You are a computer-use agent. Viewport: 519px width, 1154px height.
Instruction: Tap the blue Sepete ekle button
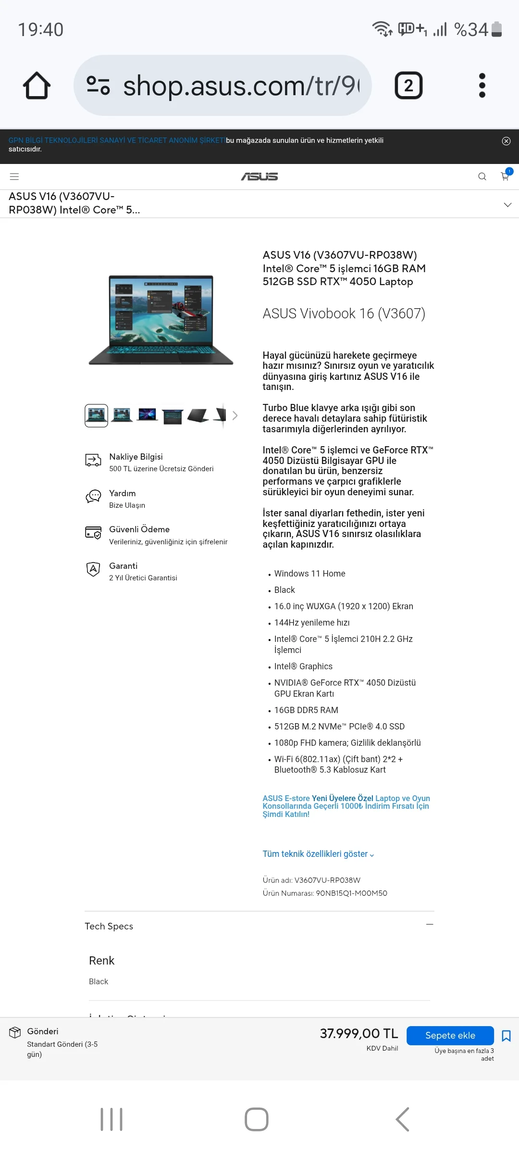click(450, 1035)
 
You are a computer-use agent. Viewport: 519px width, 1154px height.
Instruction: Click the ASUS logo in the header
click(259, 176)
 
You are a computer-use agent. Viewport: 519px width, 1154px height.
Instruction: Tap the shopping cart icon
click(505, 176)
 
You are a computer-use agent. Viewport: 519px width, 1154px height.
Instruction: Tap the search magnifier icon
click(482, 176)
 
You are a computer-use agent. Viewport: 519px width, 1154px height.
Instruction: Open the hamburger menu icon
click(14, 176)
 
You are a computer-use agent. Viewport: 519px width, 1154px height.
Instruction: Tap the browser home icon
click(37, 86)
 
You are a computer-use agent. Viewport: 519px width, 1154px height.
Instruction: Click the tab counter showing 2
click(408, 86)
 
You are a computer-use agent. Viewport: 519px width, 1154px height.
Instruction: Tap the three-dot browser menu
click(482, 86)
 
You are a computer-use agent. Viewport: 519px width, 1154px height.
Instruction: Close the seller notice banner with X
click(506, 141)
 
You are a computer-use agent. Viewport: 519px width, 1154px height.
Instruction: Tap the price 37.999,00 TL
click(359, 1033)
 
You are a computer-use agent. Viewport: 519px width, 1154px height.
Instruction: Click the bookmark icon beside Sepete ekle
click(506, 1035)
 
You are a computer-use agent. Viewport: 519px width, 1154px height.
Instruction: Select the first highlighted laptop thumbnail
click(96, 415)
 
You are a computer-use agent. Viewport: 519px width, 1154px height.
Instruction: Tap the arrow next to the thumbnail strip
click(235, 415)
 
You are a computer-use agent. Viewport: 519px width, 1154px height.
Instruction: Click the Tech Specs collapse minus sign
click(430, 924)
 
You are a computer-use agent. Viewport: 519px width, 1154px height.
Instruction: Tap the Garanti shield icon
click(93, 569)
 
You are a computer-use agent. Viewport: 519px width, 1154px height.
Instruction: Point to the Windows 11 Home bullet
click(309, 574)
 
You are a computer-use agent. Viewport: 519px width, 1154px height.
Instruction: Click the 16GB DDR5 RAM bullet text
click(306, 710)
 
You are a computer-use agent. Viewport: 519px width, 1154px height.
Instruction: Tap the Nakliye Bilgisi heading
click(136, 457)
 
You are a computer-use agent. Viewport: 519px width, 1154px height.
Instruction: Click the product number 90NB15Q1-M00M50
click(351, 893)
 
